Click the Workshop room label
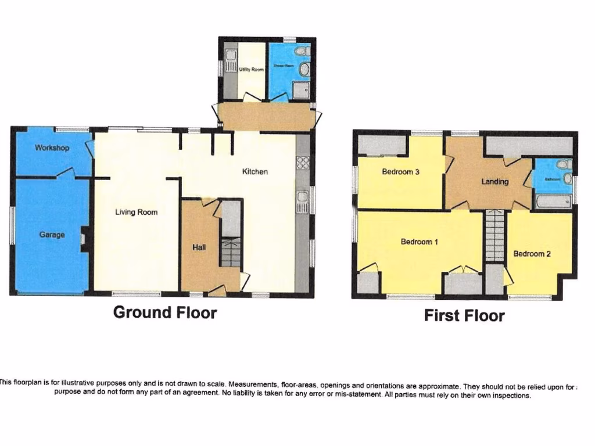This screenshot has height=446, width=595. (x=52, y=148)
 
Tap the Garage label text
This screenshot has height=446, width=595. (x=52, y=235)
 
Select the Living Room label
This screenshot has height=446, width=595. (x=136, y=213)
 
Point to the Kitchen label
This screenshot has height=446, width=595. (x=255, y=172)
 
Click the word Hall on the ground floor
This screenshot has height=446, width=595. (x=199, y=247)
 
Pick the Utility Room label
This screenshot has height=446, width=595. (x=251, y=70)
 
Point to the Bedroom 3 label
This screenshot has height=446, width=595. (x=401, y=172)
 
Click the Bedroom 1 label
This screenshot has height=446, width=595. (x=420, y=242)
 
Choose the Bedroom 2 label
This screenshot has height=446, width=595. (x=532, y=254)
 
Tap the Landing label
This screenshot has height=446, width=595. (x=495, y=182)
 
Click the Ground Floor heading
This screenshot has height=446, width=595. (x=164, y=312)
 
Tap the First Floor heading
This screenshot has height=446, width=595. (x=464, y=316)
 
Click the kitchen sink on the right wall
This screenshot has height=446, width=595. (x=302, y=202)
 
